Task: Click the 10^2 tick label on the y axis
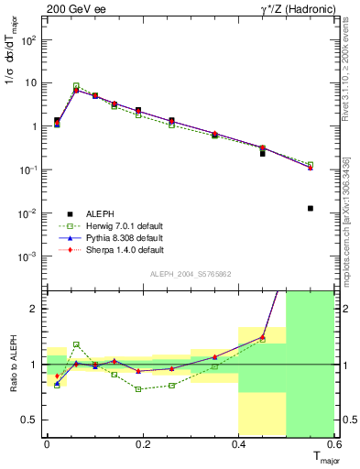(29, 40)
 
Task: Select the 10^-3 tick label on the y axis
(29, 256)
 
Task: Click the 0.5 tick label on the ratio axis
(30, 420)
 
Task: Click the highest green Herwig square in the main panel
(76, 85)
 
